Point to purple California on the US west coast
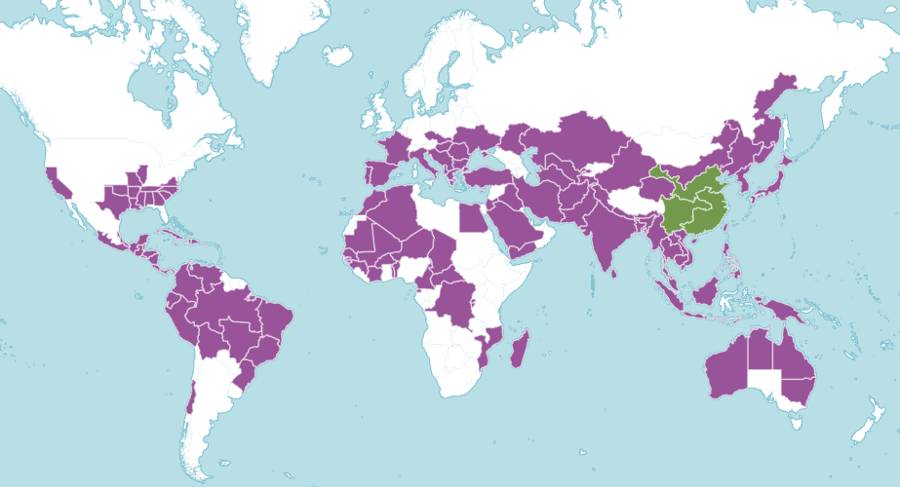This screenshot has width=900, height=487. (x=56, y=180)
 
